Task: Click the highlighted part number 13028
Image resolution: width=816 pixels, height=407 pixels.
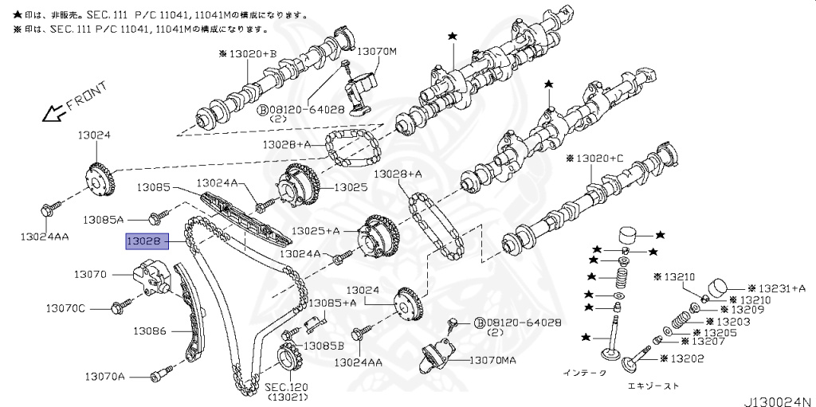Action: tap(145, 240)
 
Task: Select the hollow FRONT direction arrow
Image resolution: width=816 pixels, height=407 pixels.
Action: tap(53, 113)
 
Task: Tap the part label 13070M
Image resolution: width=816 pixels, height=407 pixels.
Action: tap(375, 52)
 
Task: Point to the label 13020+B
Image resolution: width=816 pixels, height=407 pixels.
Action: tap(247, 53)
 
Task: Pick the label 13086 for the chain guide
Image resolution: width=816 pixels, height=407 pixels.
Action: tap(149, 330)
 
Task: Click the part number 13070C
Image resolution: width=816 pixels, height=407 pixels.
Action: tap(65, 307)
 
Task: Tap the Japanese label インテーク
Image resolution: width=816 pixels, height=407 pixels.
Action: tap(584, 372)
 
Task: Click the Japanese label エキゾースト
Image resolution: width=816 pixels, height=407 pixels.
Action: tap(653, 386)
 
